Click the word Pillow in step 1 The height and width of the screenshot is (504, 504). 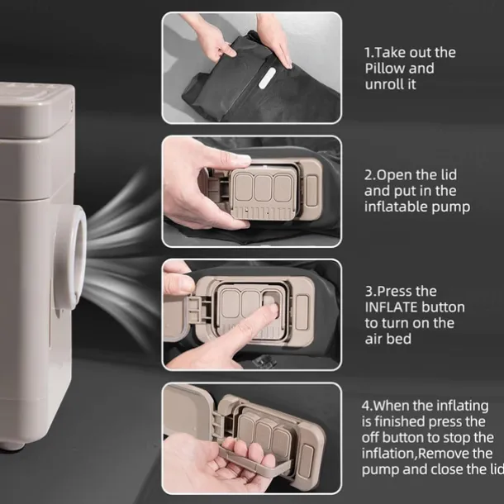(x=384, y=69)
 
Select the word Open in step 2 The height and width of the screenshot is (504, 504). (x=394, y=175)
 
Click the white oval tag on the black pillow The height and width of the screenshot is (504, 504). (x=267, y=78)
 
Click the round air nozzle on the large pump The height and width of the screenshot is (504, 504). (x=71, y=256)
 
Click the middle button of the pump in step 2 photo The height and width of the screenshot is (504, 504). (x=263, y=188)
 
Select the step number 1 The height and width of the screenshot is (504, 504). (x=368, y=53)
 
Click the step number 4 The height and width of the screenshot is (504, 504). (x=366, y=406)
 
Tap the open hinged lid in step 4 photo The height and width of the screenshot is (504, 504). (x=187, y=409)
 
